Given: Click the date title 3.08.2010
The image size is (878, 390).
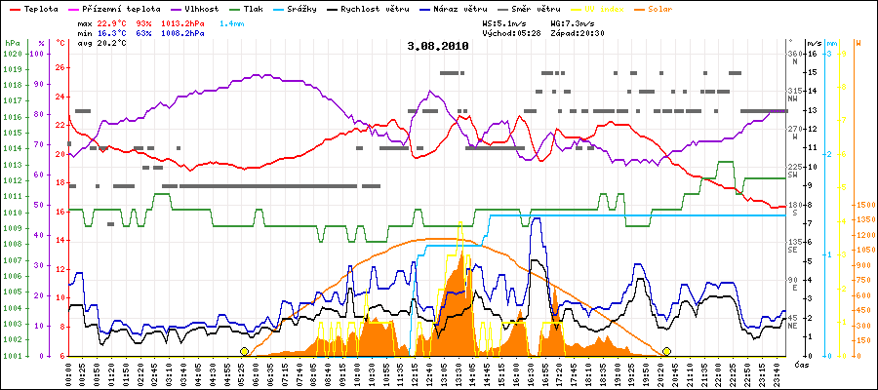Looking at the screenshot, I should point(438,46).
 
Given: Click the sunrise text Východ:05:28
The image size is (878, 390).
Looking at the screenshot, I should point(513,32).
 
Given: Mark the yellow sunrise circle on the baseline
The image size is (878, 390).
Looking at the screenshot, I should point(244,351).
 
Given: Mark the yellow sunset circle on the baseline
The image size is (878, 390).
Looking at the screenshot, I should point(666,351).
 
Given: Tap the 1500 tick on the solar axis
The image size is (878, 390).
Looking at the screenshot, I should point(863,205).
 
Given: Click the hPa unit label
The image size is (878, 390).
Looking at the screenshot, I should point(12,44).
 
